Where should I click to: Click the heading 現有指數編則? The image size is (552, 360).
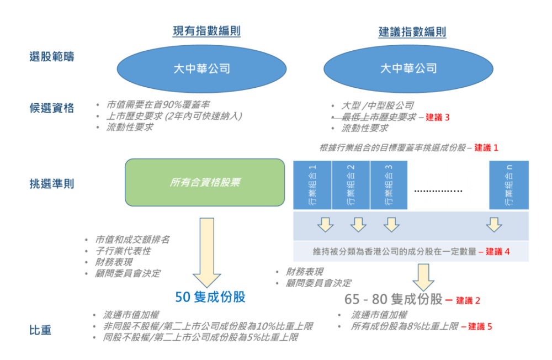[206, 31]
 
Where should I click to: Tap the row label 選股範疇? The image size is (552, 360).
[51, 56]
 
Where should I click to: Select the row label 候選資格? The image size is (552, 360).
[51, 108]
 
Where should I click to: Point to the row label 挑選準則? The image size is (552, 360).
[51, 184]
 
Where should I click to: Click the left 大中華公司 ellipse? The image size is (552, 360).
[201, 68]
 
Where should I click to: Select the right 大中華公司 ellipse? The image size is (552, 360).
[408, 68]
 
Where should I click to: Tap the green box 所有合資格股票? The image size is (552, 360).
[205, 182]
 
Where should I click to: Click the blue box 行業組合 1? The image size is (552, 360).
[312, 186]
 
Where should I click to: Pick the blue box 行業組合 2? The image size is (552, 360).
[351, 186]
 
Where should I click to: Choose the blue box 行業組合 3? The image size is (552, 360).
[389, 186]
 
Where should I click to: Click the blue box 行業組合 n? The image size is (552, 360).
[509, 186]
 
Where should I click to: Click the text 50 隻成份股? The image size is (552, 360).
[210, 297]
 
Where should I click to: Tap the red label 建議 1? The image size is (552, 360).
[486, 148]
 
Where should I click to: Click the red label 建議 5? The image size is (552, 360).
[480, 326]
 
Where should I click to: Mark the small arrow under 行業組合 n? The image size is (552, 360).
[494, 225]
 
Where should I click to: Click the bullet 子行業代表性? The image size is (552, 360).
[123, 251]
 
